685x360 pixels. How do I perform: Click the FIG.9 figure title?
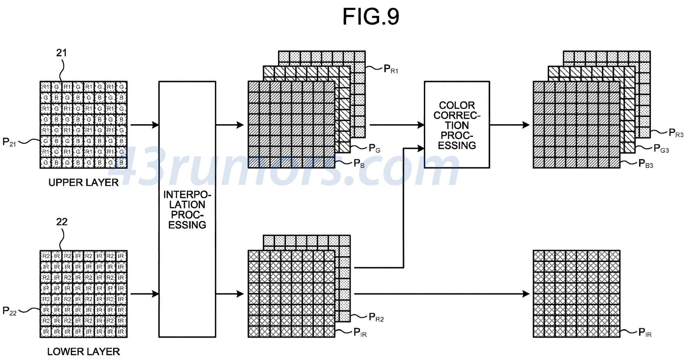(371, 17)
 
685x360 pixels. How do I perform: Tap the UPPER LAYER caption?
(83, 182)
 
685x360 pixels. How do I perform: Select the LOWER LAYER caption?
(83, 351)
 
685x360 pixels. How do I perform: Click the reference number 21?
(61, 53)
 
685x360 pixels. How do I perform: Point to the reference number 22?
(61, 222)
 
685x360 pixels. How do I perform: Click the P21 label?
(9, 142)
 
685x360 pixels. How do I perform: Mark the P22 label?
(9, 311)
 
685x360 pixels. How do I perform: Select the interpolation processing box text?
(187, 209)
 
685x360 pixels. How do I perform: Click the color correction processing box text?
(457, 125)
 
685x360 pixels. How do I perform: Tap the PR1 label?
(391, 69)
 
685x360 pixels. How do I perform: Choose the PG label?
(374, 149)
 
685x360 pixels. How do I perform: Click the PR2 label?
(376, 317)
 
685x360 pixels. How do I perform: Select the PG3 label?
(661, 149)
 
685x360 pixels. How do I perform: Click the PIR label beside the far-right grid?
(645, 333)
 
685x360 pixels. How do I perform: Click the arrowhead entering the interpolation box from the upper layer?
(155, 125)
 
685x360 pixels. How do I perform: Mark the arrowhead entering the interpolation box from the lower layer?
(155, 294)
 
